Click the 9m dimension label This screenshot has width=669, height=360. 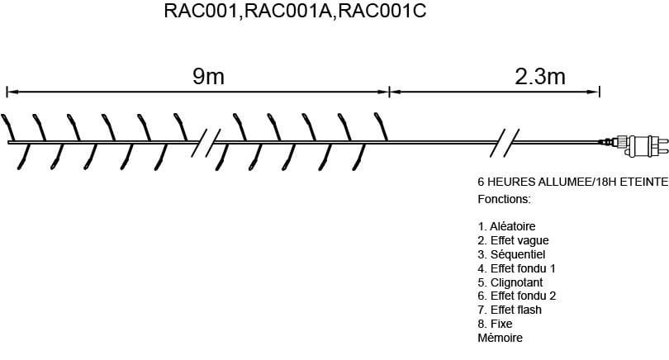208,77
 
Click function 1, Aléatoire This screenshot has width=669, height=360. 507,225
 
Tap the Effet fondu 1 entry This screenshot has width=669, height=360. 516,268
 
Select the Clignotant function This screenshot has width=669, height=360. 510,282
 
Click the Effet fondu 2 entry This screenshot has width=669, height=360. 516,296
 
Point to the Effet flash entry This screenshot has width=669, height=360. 510,310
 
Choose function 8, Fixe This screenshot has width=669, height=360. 495,324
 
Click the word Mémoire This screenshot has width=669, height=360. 500,338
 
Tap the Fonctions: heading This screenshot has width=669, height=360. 505,200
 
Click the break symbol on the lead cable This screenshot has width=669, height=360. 505,143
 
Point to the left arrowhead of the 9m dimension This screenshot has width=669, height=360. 10,89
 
